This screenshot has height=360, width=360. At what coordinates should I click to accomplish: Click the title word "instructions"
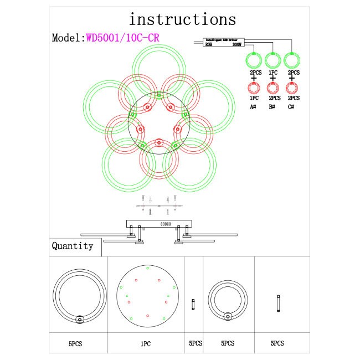[x=182, y=19]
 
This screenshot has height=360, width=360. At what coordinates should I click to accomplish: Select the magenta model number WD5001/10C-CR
[x=122, y=38]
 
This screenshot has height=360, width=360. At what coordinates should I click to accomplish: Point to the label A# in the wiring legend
[x=254, y=106]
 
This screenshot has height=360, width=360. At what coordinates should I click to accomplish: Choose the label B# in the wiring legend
[x=272, y=106]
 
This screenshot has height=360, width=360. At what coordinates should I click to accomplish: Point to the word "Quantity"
[x=73, y=246]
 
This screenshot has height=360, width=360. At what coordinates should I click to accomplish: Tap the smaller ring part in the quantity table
[x=228, y=300]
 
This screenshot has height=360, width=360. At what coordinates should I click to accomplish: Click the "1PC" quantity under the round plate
[x=146, y=344]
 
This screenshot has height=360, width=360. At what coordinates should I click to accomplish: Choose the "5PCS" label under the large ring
[x=76, y=344]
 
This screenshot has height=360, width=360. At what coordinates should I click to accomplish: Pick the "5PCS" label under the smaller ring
[x=227, y=344]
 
